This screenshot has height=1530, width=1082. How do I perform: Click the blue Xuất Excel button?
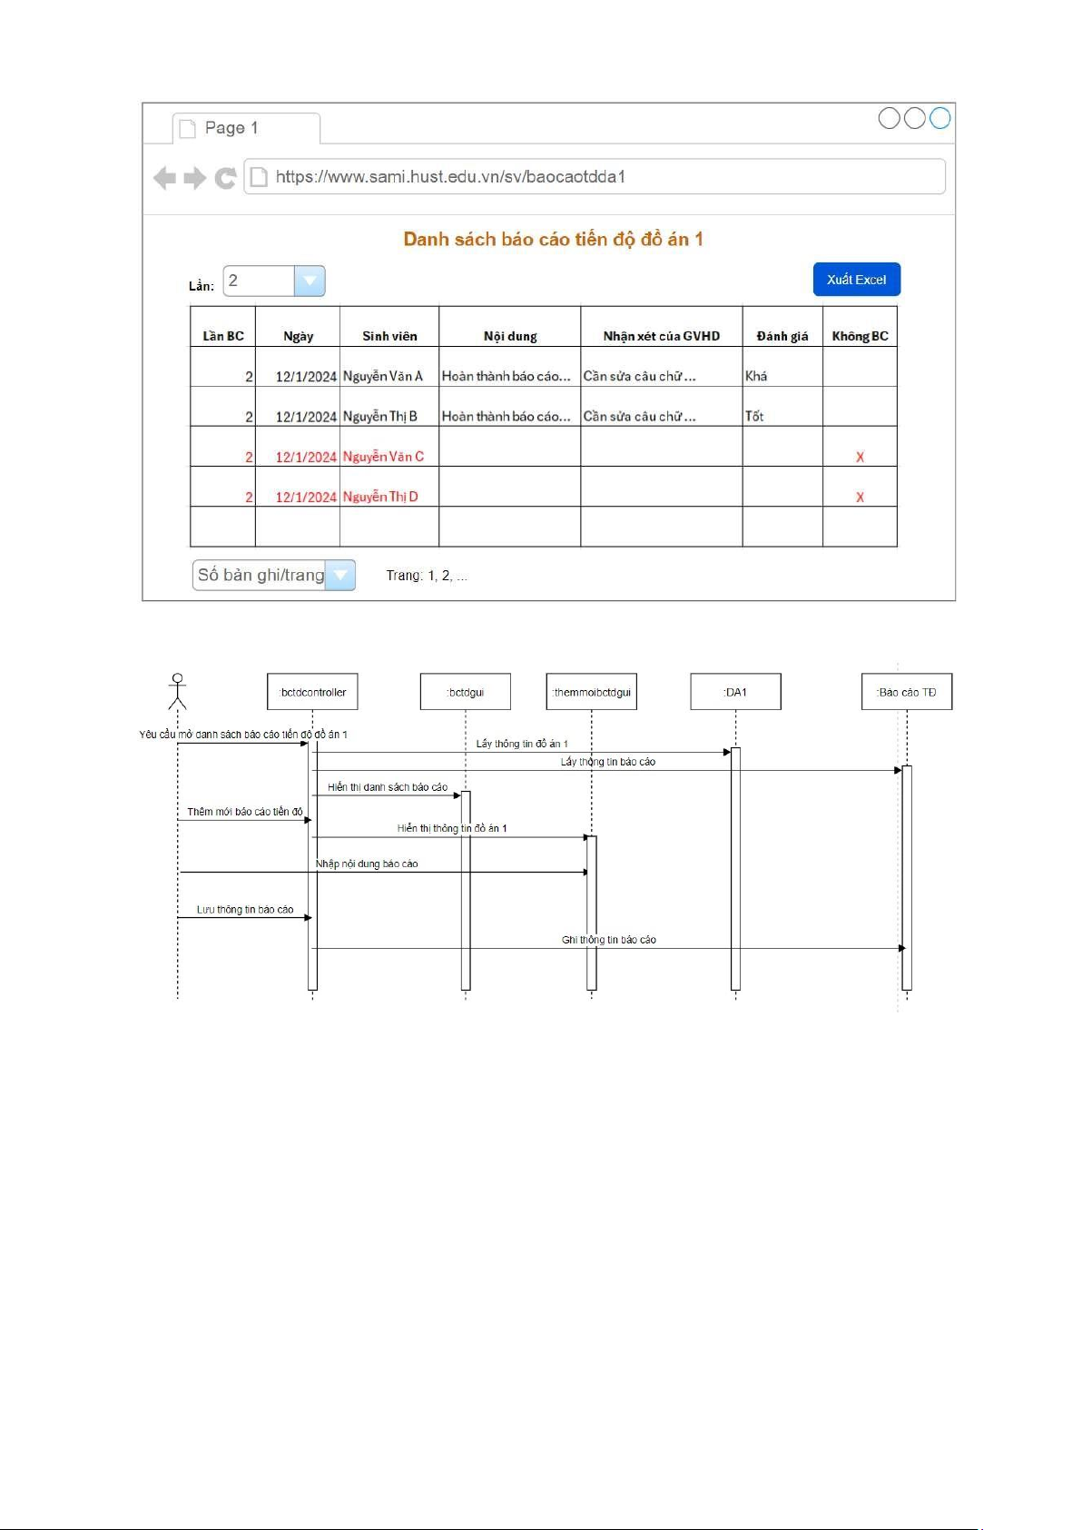pyautogui.click(x=856, y=280)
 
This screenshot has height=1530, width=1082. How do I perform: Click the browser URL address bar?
pyautogui.click(x=595, y=177)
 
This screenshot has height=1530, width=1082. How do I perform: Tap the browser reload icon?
pyautogui.click(x=225, y=178)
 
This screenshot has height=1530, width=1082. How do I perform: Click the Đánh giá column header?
pyautogui.click(x=782, y=336)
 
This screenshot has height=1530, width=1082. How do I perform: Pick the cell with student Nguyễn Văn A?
pyautogui.click(x=383, y=376)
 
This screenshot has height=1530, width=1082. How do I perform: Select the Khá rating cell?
pyautogui.click(x=756, y=376)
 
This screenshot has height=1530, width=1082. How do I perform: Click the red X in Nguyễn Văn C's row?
pyautogui.click(x=860, y=457)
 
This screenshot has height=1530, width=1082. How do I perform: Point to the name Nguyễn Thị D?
pyautogui.click(x=380, y=497)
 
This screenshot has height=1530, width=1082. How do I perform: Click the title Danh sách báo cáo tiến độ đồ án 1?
pyautogui.click(x=553, y=240)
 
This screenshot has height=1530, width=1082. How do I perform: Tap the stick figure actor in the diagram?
pyautogui.click(x=177, y=691)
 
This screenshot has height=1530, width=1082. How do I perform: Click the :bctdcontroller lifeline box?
pyautogui.click(x=313, y=692)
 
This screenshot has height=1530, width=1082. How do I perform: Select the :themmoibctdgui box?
pyautogui.click(x=592, y=692)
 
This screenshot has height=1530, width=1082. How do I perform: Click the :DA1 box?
pyautogui.click(x=735, y=692)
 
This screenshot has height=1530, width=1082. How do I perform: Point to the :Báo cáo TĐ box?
pyautogui.click(x=906, y=692)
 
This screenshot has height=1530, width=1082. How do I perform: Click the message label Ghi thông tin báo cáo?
pyautogui.click(x=608, y=940)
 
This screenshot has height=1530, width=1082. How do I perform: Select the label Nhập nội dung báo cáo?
pyautogui.click(x=367, y=864)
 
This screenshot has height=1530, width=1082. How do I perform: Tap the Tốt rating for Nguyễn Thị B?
pyautogui.click(x=754, y=416)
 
